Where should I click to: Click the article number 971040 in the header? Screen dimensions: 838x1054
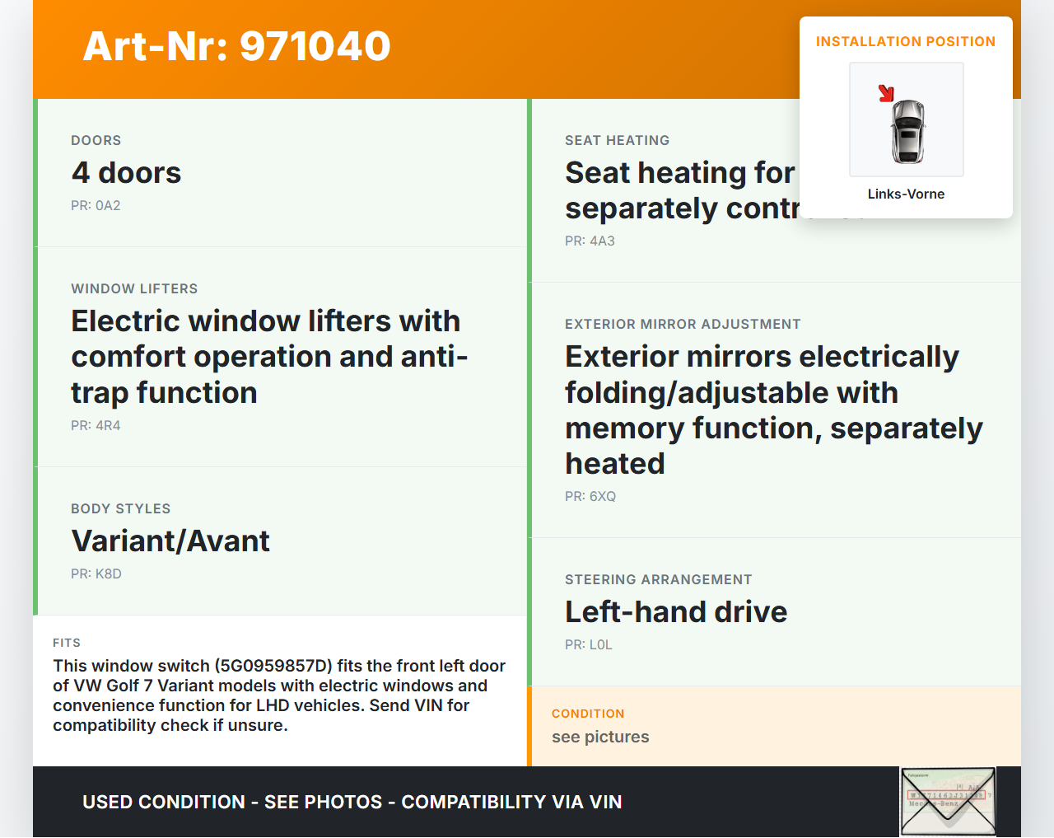click(315, 46)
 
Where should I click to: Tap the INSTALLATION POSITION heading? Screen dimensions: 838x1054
click(905, 41)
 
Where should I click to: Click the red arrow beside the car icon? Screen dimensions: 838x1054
click(886, 93)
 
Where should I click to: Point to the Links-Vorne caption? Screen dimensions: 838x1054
click(906, 194)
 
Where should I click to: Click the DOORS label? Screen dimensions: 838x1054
click(96, 140)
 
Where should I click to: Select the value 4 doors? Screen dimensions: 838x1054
click(126, 173)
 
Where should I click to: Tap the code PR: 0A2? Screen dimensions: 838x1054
click(96, 205)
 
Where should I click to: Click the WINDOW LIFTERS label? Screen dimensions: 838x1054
click(134, 288)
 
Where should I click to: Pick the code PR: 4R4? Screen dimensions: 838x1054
click(96, 425)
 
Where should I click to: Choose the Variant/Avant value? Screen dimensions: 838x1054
click(170, 541)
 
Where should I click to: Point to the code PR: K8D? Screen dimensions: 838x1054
click(96, 573)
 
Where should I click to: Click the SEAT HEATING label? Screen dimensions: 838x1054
click(617, 140)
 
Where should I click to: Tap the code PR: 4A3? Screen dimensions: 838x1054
click(590, 241)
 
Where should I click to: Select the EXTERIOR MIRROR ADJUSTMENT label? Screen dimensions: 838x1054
click(683, 324)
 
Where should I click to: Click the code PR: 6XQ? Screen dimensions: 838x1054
click(590, 496)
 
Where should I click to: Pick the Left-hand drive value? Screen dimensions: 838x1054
click(676, 612)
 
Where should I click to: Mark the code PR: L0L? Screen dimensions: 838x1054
click(589, 644)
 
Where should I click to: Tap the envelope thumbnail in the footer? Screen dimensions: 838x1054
click(948, 802)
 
